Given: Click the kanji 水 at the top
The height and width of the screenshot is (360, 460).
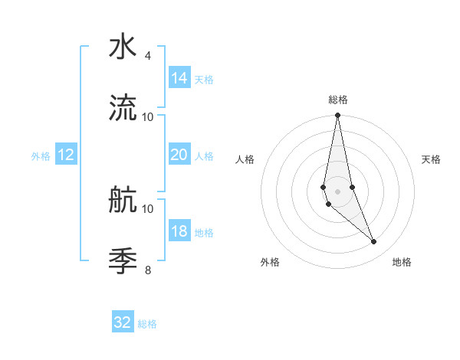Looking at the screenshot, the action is click(123, 47).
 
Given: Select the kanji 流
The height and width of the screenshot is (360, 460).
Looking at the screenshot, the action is click(123, 108).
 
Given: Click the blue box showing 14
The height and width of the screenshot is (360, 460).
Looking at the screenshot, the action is click(179, 78).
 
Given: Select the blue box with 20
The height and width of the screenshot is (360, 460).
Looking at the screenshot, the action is click(179, 155).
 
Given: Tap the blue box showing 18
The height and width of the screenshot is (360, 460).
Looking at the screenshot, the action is click(179, 231).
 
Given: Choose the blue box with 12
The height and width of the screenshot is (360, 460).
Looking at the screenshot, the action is click(65, 155).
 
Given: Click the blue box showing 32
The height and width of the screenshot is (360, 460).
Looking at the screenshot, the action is click(123, 322).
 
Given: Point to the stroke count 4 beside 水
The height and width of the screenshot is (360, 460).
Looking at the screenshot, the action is click(147, 56).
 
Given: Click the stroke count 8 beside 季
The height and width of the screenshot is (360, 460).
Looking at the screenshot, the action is click(147, 270).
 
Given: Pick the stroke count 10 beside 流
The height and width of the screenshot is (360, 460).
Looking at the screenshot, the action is click(147, 116).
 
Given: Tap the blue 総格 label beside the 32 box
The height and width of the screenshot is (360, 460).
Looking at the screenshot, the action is click(147, 324).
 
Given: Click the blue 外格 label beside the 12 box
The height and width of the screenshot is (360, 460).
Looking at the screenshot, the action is click(41, 156).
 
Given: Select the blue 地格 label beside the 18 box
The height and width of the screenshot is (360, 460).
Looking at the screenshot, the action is click(204, 233).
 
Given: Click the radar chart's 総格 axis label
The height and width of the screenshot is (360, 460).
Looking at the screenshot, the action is click(338, 100).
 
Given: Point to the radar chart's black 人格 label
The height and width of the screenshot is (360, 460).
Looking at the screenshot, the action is click(245, 159).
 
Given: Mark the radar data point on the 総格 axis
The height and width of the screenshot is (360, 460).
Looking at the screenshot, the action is click(337, 116).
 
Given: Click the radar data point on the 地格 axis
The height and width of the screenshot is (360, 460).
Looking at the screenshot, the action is click(374, 242).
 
